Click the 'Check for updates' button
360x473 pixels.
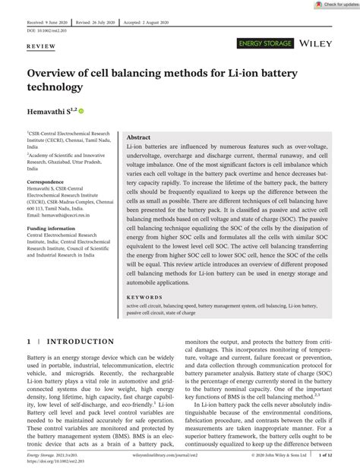coord(333,5)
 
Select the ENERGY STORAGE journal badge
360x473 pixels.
coord(265,46)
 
